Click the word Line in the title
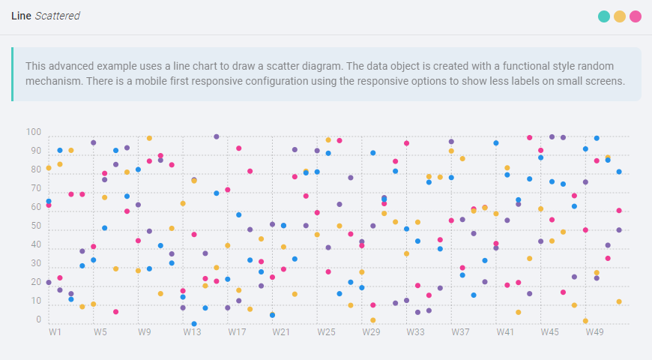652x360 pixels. (x=21, y=16)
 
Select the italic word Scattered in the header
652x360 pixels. (x=57, y=16)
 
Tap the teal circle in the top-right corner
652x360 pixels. (x=604, y=16)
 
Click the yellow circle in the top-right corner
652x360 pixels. (x=620, y=16)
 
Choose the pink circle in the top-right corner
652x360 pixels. (x=636, y=16)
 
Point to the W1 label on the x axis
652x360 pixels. (x=55, y=331)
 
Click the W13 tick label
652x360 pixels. (x=192, y=331)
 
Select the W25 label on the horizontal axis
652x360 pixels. (x=327, y=331)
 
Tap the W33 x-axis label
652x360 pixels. (x=416, y=331)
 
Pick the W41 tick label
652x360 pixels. (x=505, y=331)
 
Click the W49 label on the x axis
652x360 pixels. (x=595, y=331)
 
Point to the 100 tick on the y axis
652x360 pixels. (x=33, y=133)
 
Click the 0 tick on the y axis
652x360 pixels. (x=38, y=320)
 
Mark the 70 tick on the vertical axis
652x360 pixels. (x=35, y=189)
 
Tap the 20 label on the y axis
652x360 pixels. (x=35, y=283)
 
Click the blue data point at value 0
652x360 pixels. (x=194, y=324)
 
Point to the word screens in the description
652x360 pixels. (x=604, y=81)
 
